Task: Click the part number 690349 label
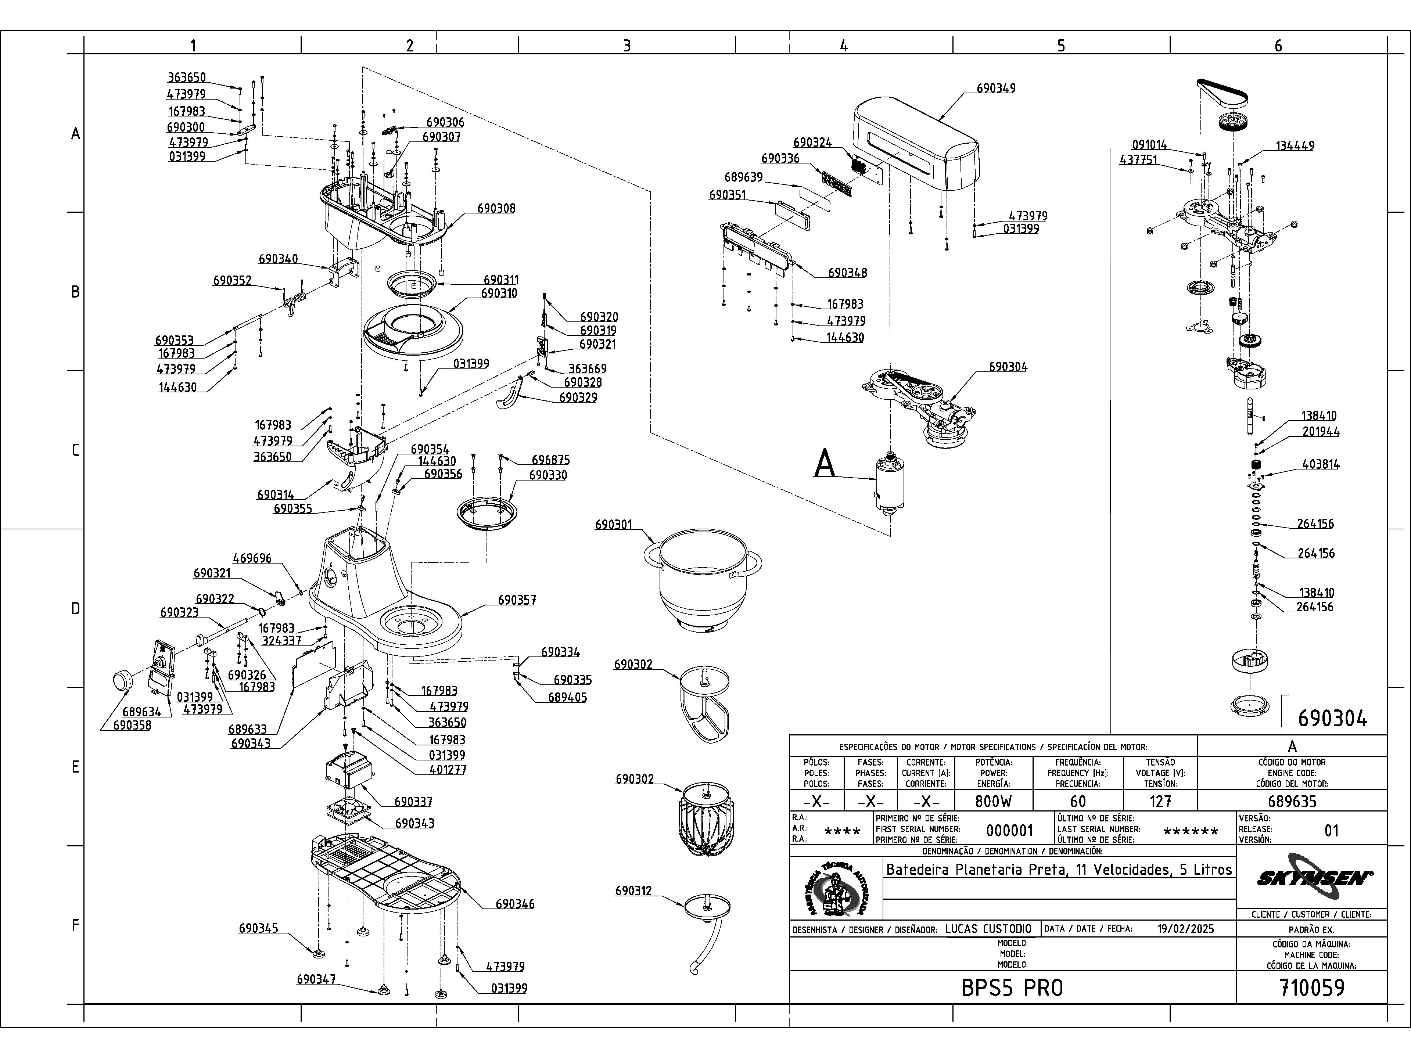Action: tap(996, 89)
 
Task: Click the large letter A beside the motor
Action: tap(825, 464)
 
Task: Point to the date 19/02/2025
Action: tap(1185, 929)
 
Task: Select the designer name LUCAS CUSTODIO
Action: tap(987, 929)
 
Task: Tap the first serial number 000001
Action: tap(1009, 830)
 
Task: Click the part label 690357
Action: tap(517, 600)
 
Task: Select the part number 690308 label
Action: tap(496, 209)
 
